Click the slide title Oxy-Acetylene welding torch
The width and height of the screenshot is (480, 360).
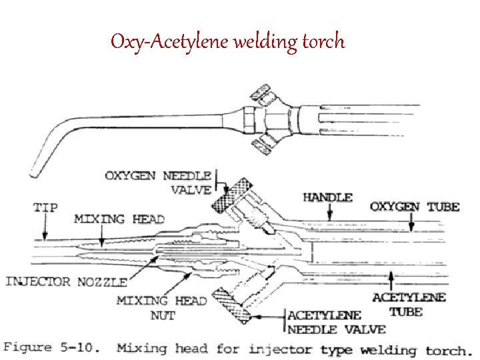[227, 42]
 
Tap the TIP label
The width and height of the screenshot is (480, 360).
[45, 207]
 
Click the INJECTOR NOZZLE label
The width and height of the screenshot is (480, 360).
[57, 281]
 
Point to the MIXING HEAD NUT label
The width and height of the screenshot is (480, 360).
[161, 307]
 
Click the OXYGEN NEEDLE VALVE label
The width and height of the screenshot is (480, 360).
[158, 183]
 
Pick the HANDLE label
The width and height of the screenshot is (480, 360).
[327, 197]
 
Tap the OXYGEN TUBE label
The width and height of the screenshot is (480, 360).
[415, 206]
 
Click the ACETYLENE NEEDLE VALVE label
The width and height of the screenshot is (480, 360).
[336, 322]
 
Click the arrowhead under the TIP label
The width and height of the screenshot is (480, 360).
[45, 236]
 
